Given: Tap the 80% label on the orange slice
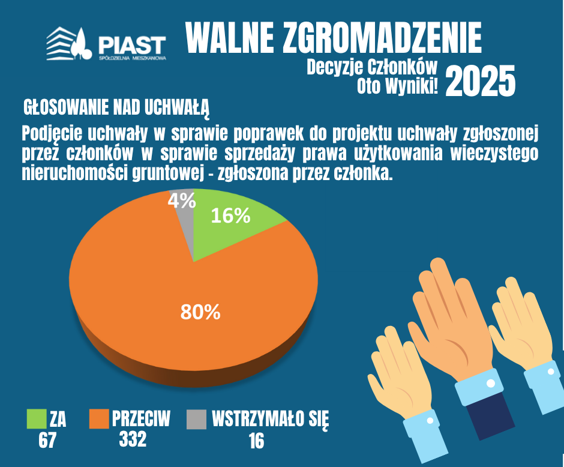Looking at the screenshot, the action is point(200,312).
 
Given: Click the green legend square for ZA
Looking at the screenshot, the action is point(37,419).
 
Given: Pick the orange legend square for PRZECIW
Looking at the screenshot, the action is point(99,419).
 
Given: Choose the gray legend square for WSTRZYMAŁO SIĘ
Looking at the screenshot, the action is point(196,419).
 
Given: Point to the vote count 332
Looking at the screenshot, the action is point(133,439).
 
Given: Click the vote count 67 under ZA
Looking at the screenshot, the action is point(47,440).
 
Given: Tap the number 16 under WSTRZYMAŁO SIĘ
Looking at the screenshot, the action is point(256,441).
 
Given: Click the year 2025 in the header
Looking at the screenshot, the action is point(480,81).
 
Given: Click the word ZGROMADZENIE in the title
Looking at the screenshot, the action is point(382,37).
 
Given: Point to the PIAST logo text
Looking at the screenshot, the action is point(131,45).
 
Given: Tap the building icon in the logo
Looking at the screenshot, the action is point(62,43).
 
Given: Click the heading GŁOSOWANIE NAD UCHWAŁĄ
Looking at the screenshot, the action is point(116,107).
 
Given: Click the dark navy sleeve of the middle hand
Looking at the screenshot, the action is point(491,415).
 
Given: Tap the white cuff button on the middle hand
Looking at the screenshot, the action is point(491,384).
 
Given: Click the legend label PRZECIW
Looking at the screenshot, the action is point(141,418).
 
